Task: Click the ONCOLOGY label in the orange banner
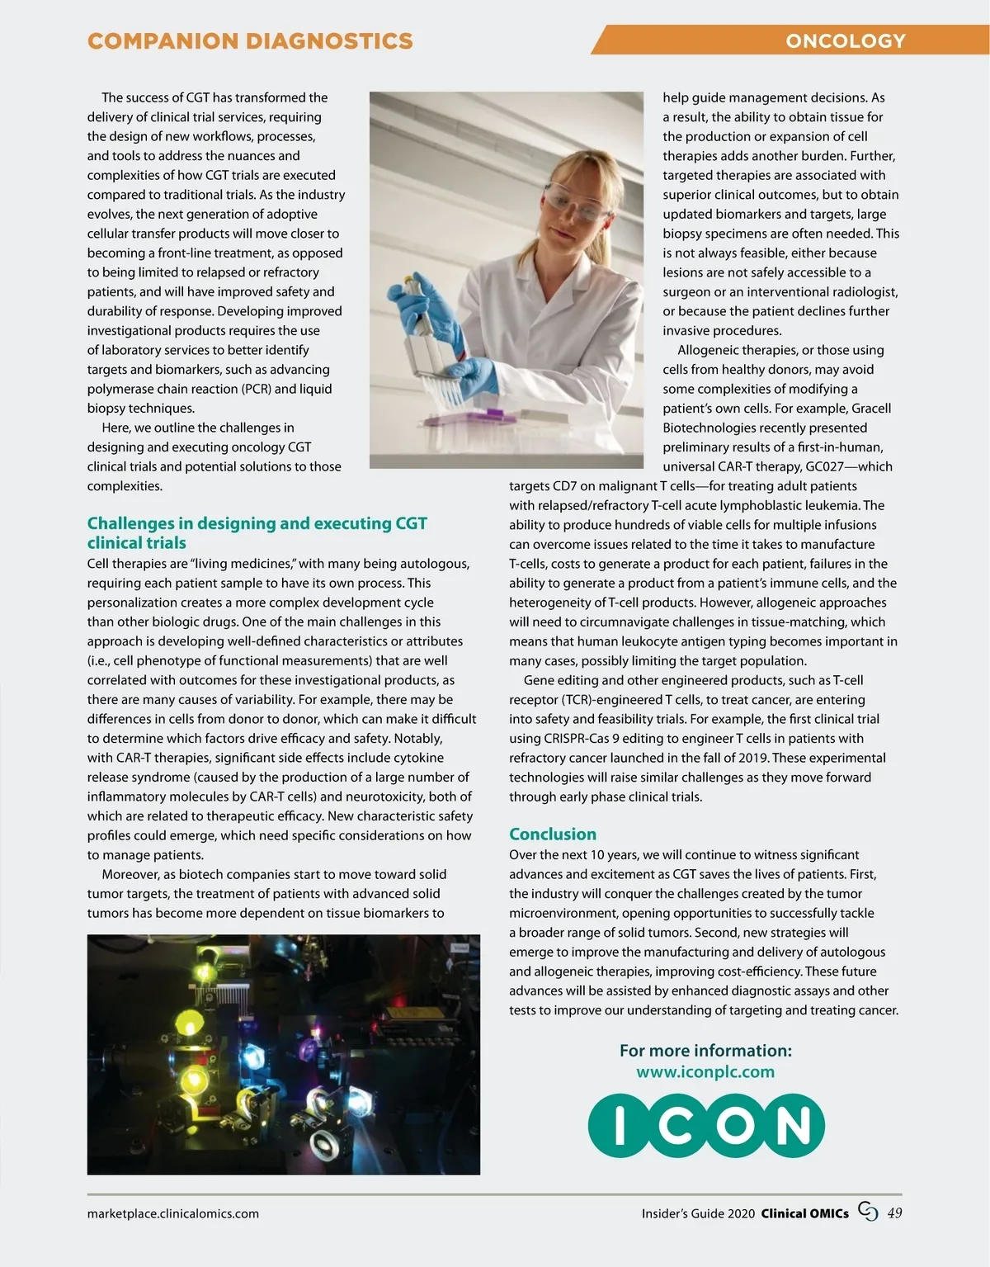click(845, 40)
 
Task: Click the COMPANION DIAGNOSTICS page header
click(250, 40)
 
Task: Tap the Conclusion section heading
click(552, 834)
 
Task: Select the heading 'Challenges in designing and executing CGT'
click(257, 523)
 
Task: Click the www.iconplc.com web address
click(705, 1071)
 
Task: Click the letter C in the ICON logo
click(674, 1124)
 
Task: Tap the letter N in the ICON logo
click(792, 1124)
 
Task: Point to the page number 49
click(894, 1213)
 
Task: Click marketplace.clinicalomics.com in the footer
click(173, 1213)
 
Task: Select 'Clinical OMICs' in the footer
click(804, 1213)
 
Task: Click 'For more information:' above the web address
click(705, 1051)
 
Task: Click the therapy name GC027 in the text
click(825, 466)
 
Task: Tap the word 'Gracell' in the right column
click(871, 409)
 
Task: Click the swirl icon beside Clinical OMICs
click(868, 1212)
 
